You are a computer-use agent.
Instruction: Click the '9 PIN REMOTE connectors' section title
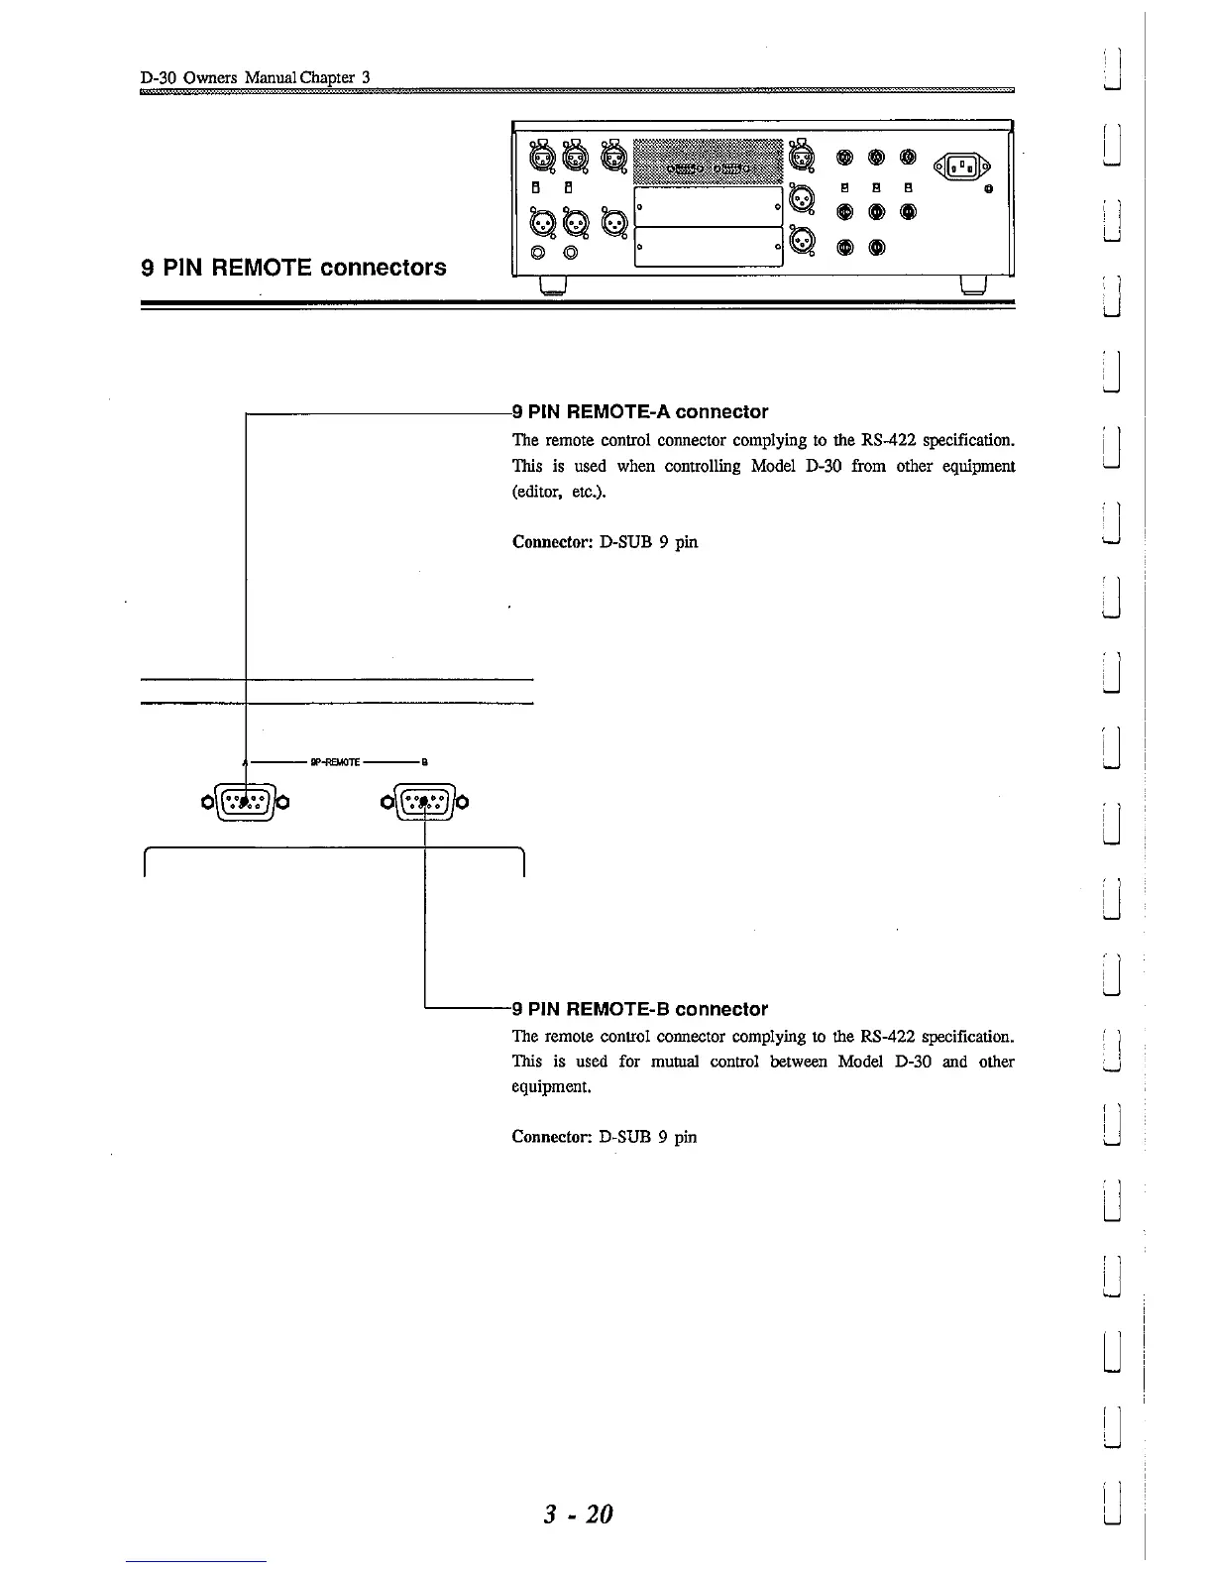293,268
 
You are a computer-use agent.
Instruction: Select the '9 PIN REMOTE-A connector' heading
640,411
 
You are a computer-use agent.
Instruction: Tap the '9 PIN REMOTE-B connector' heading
640,1009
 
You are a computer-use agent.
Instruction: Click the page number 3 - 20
578,1514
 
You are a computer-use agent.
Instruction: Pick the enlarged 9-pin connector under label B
424,801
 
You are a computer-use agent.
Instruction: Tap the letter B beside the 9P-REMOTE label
424,762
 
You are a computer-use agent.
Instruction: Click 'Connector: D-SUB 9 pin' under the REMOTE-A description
605,542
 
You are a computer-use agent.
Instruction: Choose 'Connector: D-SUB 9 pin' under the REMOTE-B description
605,1137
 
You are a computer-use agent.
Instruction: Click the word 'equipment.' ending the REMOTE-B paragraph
552,1087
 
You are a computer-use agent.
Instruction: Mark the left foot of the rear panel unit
552,286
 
